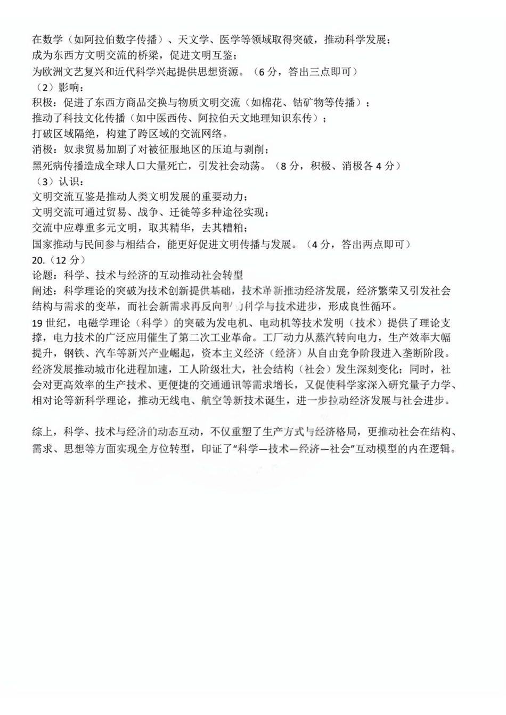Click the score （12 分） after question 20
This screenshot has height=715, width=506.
(67, 260)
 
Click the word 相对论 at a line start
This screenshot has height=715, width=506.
(48, 401)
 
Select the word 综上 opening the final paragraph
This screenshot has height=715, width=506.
(43, 433)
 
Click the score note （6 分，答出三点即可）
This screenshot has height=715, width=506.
(304, 71)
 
